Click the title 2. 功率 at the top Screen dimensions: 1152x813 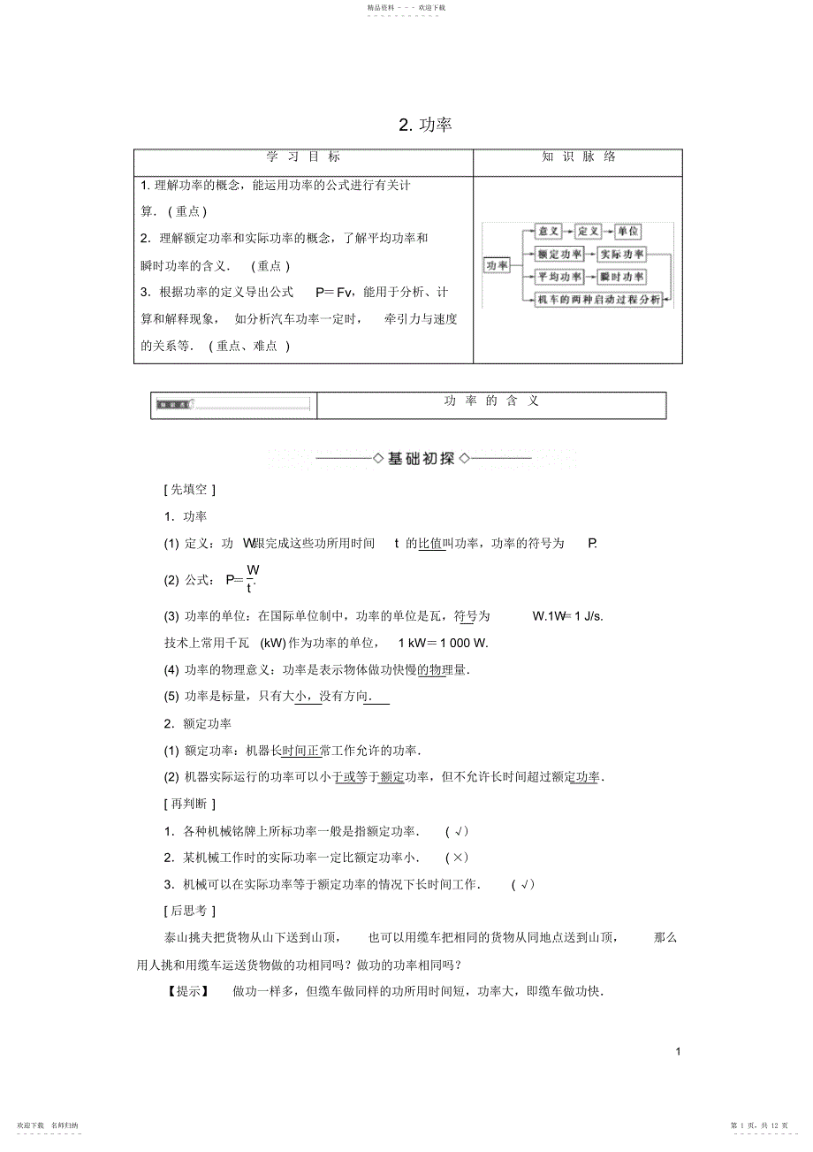pyautogui.click(x=425, y=125)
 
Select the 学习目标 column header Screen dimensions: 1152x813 pyautogui.click(x=303, y=156)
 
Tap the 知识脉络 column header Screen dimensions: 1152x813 pyautogui.click(x=578, y=156)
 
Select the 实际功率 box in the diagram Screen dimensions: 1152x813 pyautogui.click(x=622, y=255)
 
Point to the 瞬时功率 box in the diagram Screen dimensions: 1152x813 pyautogui.click(x=622, y=277)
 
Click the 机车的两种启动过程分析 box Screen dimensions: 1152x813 pyautogui.click(x=598, y=300)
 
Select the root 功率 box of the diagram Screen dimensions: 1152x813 pyautogui.click(x=498, y=265)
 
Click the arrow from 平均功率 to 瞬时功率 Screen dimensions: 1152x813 pyautogui.click(x=590, y=277)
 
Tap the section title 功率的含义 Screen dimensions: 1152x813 pyautogui.click(x=490, y=401)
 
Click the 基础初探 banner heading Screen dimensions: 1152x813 pyautogui.click(x=422, y=458)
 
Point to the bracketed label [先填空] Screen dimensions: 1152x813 pyautogui.click(x=190, y=489)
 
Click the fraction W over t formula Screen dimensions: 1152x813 pyautogui.click(x=252, y=578)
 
